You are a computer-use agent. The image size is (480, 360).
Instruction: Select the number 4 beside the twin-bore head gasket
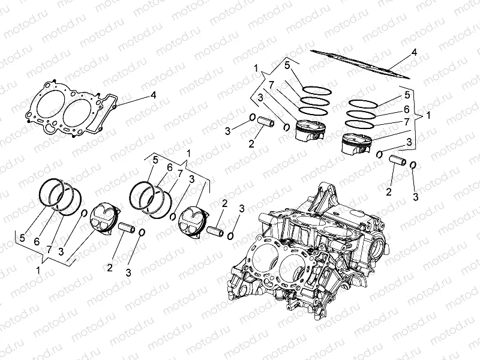click(153, 95)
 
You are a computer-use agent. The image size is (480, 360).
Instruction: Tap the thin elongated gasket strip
click(360, 64)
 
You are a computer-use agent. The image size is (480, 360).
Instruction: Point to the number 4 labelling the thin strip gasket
click(414, 52)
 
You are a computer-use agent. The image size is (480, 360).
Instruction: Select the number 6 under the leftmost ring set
click(37, 241)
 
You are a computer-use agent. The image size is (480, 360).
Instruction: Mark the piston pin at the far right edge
click(398, 161)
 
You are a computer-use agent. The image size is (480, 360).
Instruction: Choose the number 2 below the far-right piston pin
click(389, 191)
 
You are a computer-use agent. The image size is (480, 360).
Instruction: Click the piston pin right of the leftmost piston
click(126, 229)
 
